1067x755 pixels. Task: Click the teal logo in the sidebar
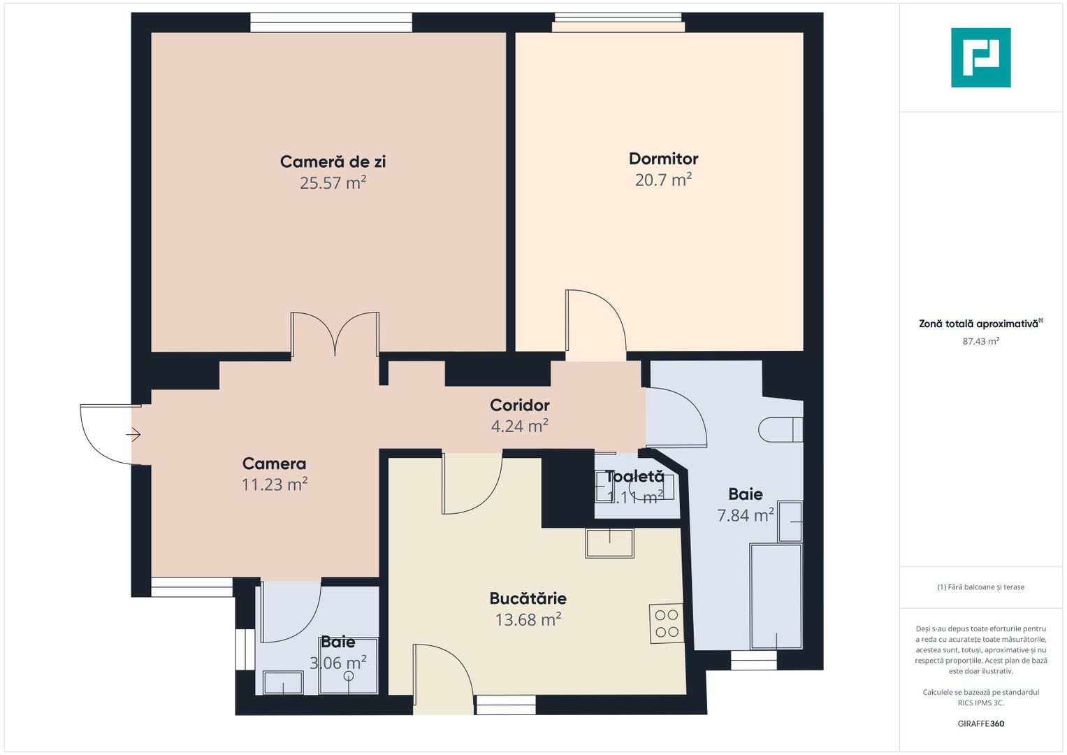(x=980, y=57)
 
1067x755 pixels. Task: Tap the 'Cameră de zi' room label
(x=333, y=161)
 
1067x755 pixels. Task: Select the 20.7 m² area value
(x=663, y=180)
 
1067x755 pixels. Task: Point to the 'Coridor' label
(x=519, y=405)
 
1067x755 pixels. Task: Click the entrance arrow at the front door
(x=133, y=435)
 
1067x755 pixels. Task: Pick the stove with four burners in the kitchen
(x=667, y=624)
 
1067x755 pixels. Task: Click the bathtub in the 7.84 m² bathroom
(x=776, y=596)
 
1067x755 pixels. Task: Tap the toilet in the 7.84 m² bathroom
(x=780, y=429)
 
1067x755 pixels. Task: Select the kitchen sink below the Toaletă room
(x=609, y=543)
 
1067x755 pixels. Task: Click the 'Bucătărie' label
(x=528, y=598)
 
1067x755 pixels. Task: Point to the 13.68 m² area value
(x=528, y=620)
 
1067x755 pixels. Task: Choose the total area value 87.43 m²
(x=980, y=342)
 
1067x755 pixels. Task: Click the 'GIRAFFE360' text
(x=980, y=724)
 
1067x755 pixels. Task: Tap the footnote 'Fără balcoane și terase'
(x=980, y=587)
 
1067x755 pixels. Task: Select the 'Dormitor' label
(x=663, y=159)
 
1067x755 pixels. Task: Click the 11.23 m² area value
(x=274, y=485)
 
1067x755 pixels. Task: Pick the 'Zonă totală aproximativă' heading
(x=978, y=324)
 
